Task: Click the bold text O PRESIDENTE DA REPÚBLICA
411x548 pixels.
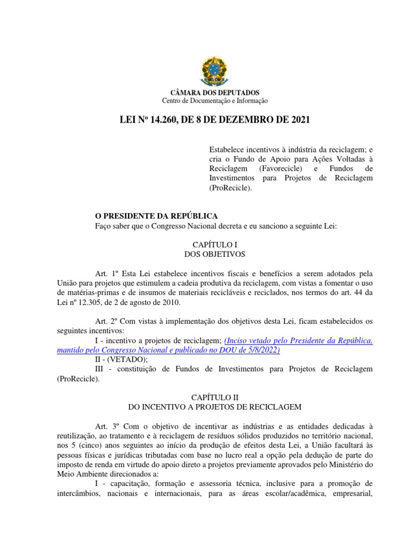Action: click(x=156, y=216)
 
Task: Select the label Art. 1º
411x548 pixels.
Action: click(x=105, y=273)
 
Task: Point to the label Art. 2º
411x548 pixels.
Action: click(x=105, y=321)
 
